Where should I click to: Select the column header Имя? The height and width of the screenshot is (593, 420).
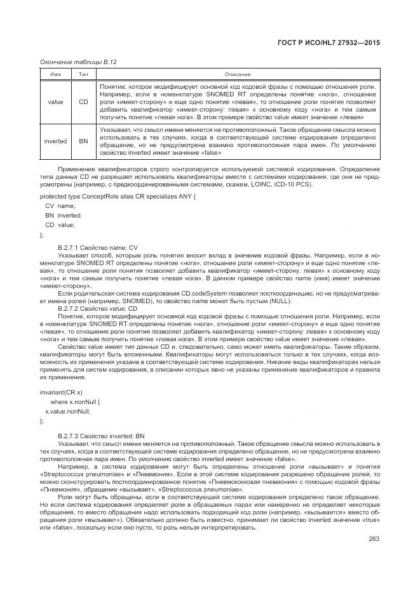[x=55, y=74]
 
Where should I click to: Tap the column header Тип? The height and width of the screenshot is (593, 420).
[x=83, y=74]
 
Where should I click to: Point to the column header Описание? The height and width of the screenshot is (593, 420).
[x=238, y=74]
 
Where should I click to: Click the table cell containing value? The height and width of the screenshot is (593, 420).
[x=55, y=101]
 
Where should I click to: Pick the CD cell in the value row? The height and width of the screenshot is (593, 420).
[x=83, y=101]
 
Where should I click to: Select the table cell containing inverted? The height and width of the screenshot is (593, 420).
[x=55, y=141]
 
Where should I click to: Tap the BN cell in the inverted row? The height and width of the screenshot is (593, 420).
[x=83, y=141]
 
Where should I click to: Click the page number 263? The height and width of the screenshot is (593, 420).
[x=373, y=540]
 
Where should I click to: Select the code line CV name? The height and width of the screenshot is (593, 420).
[x=60, y=206]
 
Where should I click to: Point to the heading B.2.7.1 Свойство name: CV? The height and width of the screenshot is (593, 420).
[x=97, y=247]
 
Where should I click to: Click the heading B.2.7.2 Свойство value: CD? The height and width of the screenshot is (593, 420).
[x=97, y=308]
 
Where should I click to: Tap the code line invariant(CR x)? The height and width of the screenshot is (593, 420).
[x=61, y=393]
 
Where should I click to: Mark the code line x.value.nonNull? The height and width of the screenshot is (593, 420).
[x=67, y=411]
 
